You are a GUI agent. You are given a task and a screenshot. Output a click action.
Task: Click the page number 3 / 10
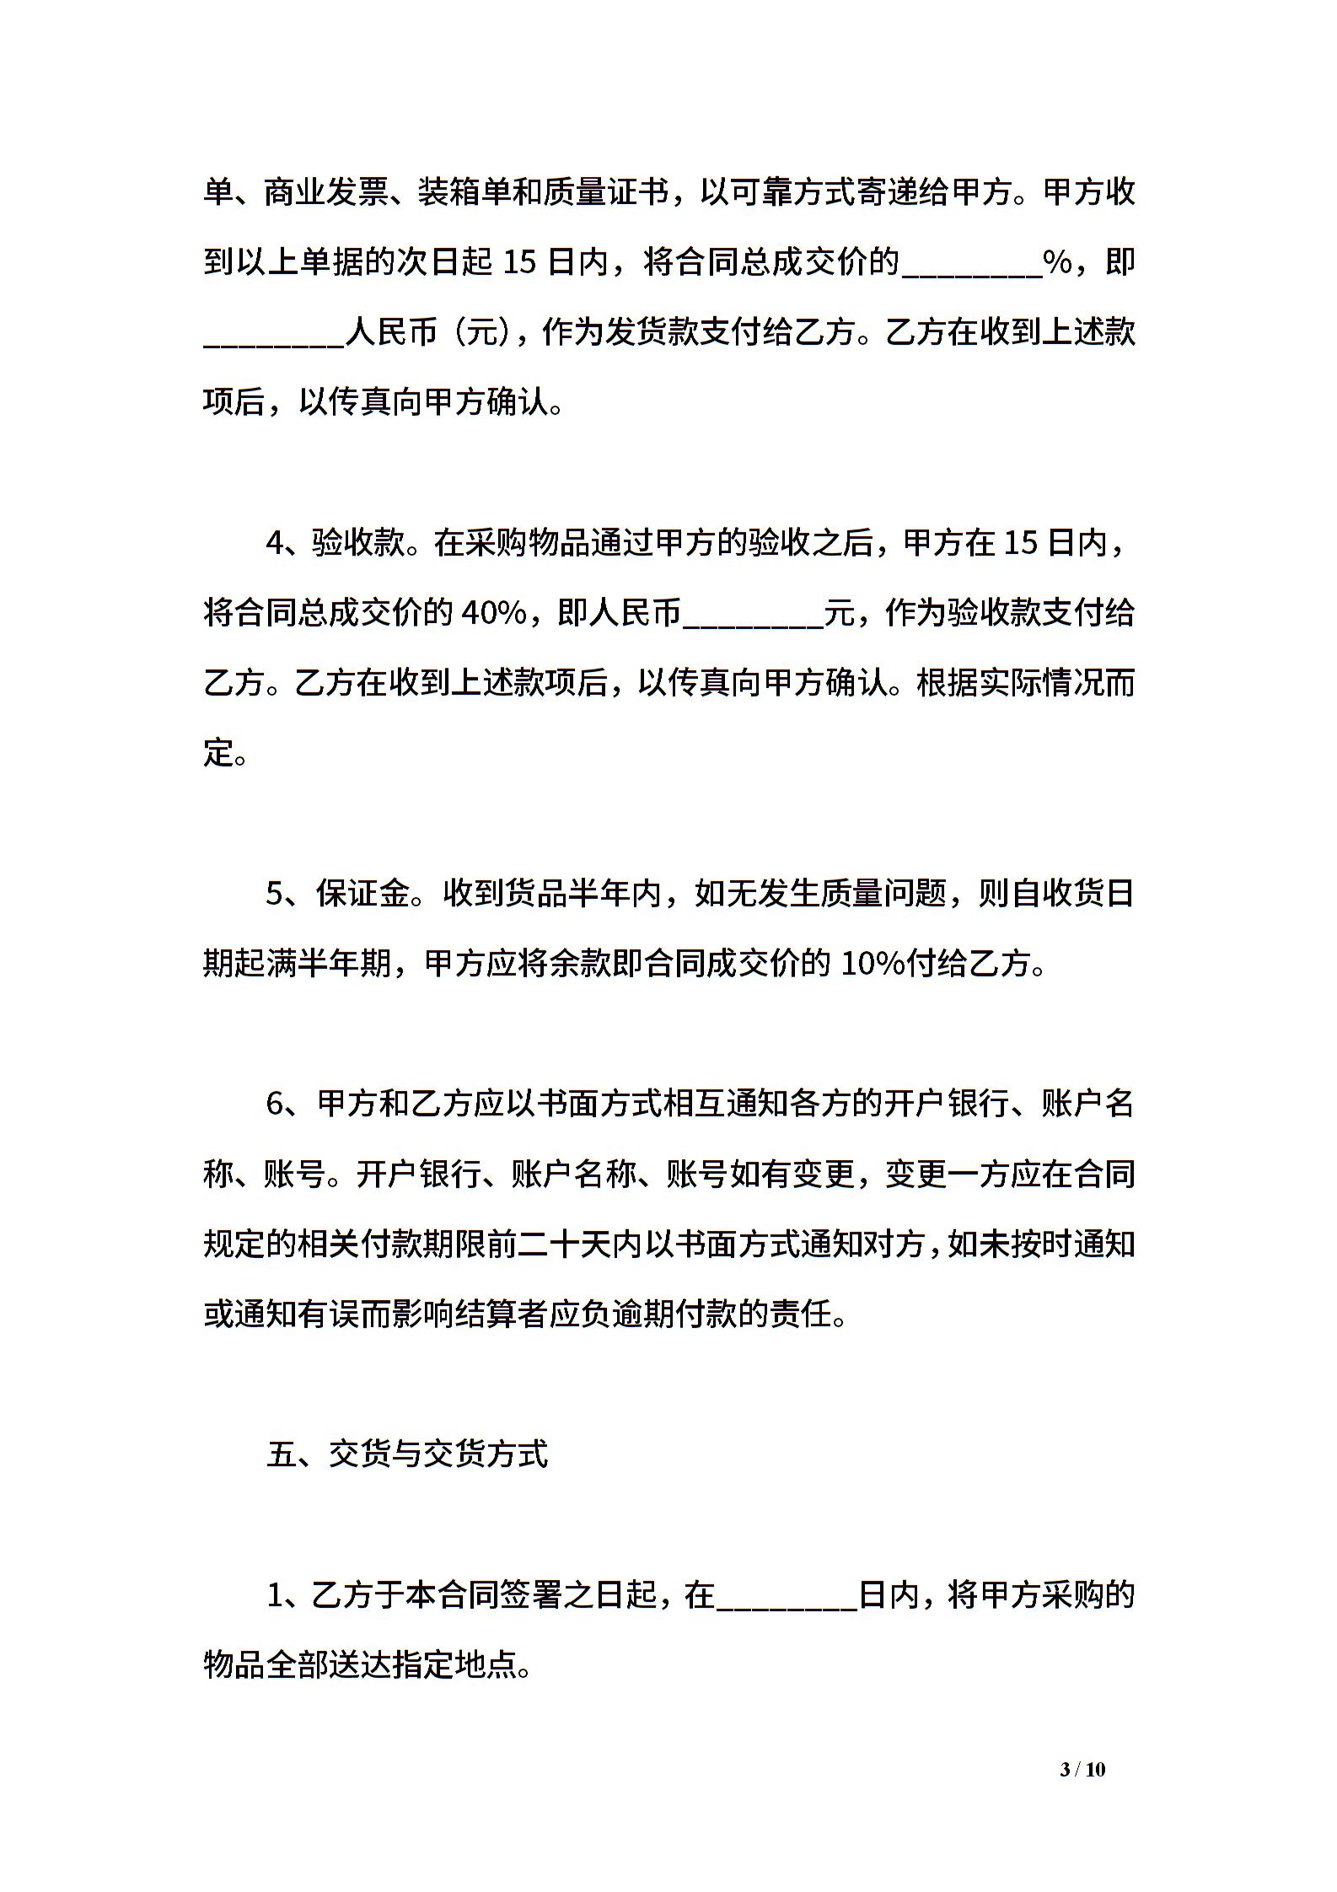[1082, 1793]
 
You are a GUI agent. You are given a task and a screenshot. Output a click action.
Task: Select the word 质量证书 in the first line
[605, 193]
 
